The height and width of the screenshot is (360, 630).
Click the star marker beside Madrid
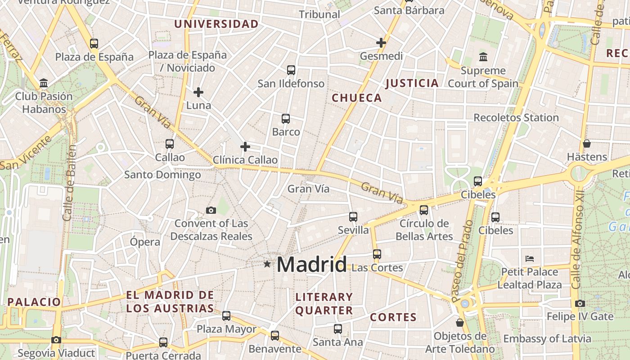(x=267, y=264)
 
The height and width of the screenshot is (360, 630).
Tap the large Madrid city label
(x=311, y=264)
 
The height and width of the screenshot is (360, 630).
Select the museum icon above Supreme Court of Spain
(x=483, y=57)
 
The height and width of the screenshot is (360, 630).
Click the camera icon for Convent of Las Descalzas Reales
(x=211, y=210)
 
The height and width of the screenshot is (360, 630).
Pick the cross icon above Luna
(x=198, y=92)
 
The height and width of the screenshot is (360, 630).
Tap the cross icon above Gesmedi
(x=381, y=43)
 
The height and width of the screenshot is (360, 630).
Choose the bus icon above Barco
(x=286, y=119)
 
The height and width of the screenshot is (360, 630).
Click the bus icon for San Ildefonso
(x=291, y=70)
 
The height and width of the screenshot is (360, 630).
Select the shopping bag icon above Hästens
(x=587, y=144)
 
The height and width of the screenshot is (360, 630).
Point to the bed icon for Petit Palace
(x=530, y=259)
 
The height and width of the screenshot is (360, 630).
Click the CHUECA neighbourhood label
(x=356, y=98)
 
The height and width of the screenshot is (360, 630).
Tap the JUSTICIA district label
(x=412, y=83)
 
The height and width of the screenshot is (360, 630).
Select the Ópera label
(x=145, y=242)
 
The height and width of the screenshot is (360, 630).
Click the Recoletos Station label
(x=516, y=118)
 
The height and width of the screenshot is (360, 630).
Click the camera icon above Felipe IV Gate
(x=580, y=303)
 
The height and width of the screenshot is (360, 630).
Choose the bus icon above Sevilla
(x=353, y=217)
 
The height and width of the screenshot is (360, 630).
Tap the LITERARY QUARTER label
(x=324, y=304)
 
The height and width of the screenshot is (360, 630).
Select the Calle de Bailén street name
(x=70, y=182)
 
